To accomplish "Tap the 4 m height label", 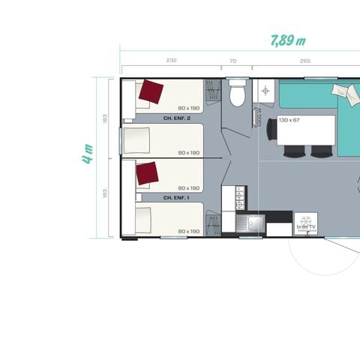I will [88, 154].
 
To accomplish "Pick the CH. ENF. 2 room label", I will [177, 118].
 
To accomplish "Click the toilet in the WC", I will [238, 94].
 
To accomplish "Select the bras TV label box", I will [306, 223].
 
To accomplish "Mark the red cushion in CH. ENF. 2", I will [150, 92].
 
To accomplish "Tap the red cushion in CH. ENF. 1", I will [148, 175].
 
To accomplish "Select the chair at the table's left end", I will [271, 130].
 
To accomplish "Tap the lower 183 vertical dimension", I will [106, 196].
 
